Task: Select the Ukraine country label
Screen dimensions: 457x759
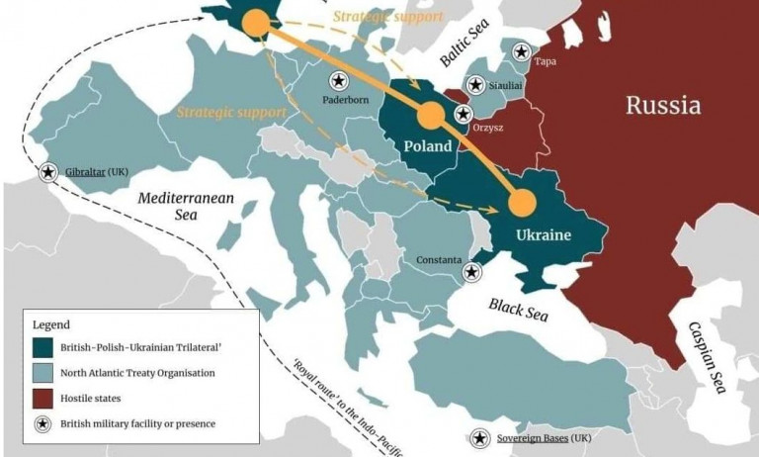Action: pos(544,235)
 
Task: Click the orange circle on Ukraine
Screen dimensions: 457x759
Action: pos(522,203)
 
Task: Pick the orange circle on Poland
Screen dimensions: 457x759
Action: pos(430,117)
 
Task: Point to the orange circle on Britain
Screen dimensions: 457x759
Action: pos(255,23)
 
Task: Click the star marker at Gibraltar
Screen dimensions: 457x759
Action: pos(47,172)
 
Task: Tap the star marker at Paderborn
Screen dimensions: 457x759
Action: pos(338,80)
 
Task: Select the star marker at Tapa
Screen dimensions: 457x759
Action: pos(521,51)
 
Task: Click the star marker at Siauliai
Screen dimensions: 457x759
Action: pos(476,85)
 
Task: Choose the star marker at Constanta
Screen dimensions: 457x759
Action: pos(472,272)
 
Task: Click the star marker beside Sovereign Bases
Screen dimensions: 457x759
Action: pos(480,437)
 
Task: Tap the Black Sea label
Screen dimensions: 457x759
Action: pos(519,310)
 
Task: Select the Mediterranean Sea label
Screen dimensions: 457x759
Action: pos(186,206)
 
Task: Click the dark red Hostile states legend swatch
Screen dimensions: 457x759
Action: pos(44,399)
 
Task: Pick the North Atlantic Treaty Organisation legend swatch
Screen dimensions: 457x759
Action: pos(44,373)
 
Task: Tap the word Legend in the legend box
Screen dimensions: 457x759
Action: pos(51,324)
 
